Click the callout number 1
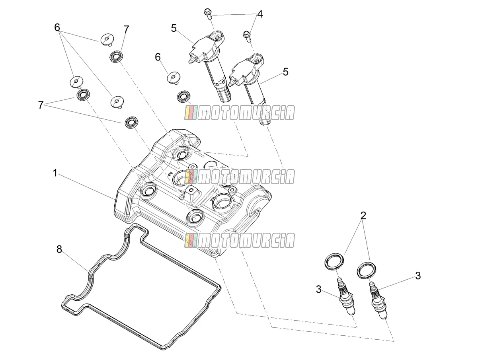55,173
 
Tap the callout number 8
59,249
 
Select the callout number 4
260,14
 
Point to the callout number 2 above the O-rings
363,216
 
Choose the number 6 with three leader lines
57,27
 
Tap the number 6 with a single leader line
158,57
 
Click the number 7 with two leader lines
41,105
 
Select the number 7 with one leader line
126,29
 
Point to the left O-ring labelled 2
334,262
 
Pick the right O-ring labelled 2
367,270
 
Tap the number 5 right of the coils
286,72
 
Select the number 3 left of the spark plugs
319,290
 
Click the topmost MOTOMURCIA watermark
240,113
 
